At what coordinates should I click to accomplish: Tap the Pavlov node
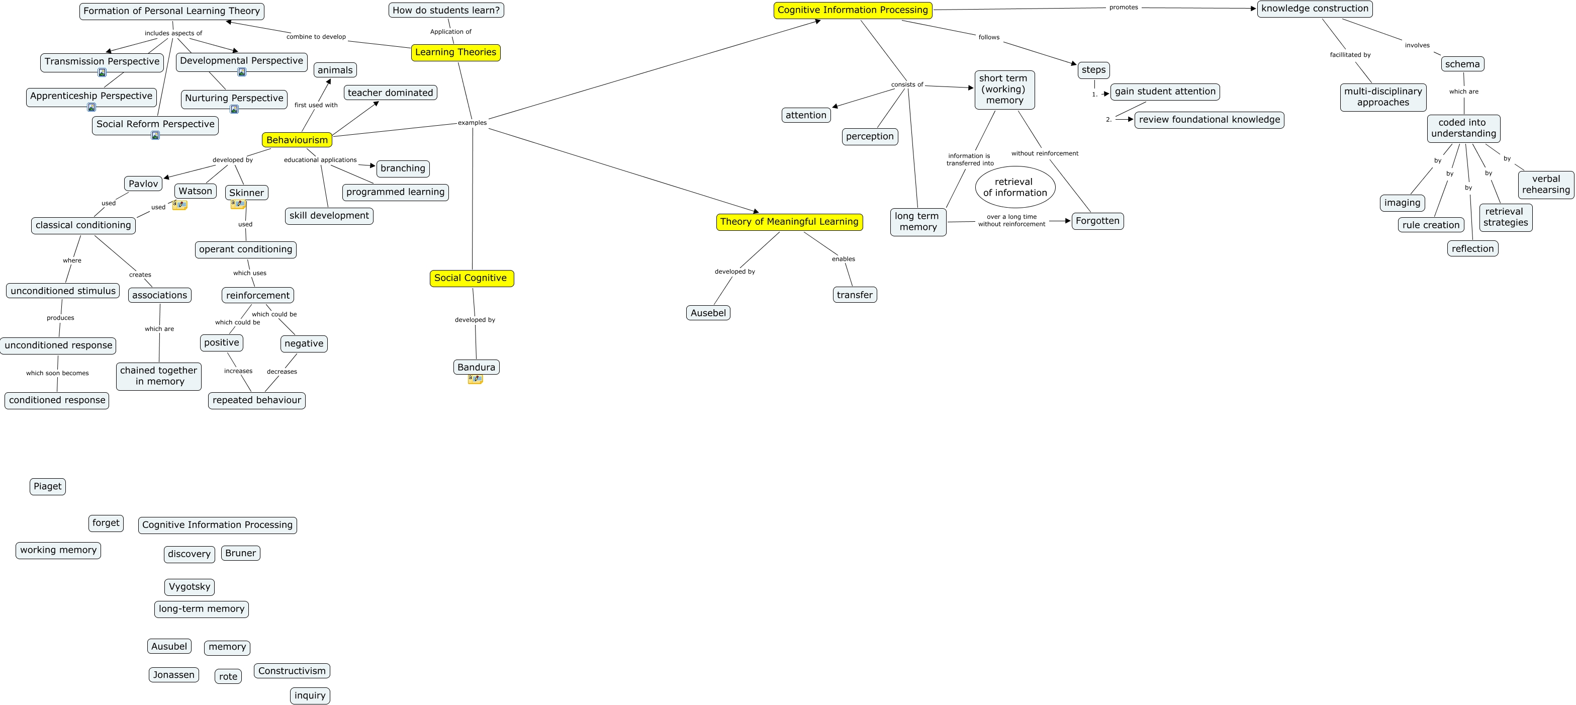[x=143, y=184]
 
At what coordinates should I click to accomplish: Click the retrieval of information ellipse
[x=1015, y=187]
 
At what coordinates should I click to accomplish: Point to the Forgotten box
[x=1097, y=221]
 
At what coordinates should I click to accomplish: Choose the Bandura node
[x=476, y=367]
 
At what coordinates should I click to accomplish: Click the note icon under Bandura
[x=476, y=380]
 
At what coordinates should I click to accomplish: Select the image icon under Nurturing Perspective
[x=234, y=110]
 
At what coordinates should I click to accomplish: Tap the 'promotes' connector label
[x=1123, y=8]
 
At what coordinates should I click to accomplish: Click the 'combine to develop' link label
[x=316, y=37]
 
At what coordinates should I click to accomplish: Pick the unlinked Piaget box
[x=48, y=487]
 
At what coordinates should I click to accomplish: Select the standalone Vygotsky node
[x=190, y=587]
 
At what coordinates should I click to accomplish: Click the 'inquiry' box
[x=310, y=696]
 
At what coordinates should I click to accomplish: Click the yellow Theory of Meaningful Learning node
[x=789, y=222]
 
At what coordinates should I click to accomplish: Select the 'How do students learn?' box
[x=446, y=11]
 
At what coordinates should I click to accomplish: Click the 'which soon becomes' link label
[x=57, y=373]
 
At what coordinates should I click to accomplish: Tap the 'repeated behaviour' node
[x=257, y=400]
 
